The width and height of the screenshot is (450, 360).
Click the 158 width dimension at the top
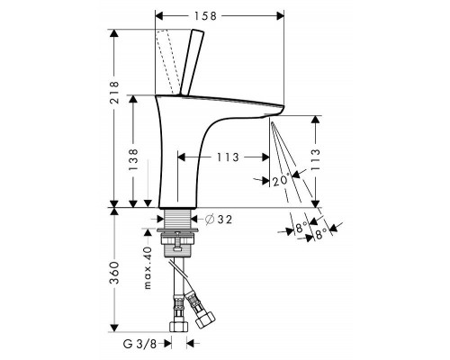click(205, 16)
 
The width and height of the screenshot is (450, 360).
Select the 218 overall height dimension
click(114, 92)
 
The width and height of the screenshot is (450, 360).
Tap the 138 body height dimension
click(133, 159)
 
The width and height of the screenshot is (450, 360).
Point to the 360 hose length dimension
click(114, 273)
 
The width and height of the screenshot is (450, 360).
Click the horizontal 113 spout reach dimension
click(228, 157)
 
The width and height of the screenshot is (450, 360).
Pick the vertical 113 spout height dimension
click(315, 160)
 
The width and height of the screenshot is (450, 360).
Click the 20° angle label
click(282, 180)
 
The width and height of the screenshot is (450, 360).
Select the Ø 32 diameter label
click(219, 220)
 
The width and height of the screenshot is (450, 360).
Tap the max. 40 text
click(148, 268)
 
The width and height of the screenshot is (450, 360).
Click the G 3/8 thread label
click(139, 344)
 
